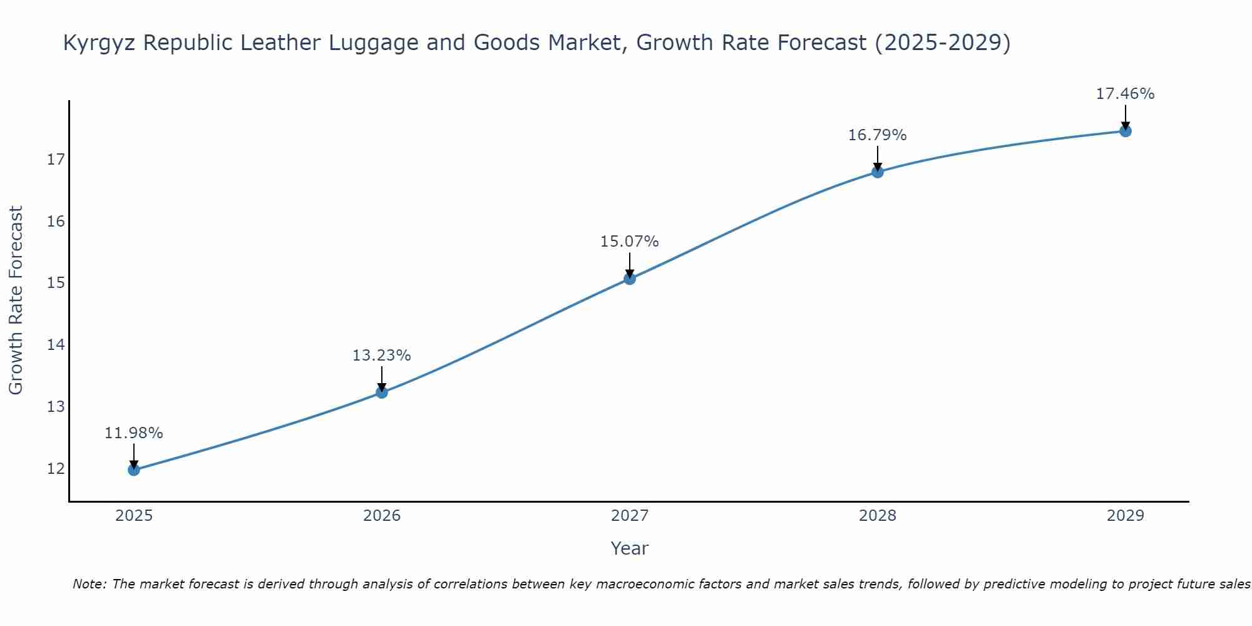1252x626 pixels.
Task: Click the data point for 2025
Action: (134, 469)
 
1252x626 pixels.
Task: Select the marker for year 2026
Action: (382, 393)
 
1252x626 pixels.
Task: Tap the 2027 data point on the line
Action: (630, 279)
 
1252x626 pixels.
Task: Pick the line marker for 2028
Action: (878, 172)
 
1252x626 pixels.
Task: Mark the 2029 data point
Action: (1126, 131)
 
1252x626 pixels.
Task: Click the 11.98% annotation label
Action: (134, 433)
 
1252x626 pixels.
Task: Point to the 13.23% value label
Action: (382, 356)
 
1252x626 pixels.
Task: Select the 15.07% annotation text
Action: (630, 242)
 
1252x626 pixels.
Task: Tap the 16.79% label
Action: (878, 135)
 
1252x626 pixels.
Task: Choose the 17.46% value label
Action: (1126, 94)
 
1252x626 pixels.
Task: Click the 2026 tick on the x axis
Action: (382, 516)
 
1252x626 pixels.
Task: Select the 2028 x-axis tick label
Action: (878, 516)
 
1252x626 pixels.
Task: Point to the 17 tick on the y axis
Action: (56, 160)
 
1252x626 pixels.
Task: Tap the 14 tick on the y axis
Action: (56, 345)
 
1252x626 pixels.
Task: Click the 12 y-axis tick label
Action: (56, 469)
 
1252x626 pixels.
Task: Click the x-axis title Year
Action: (630, 548)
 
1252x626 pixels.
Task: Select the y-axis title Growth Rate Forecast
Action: (16, 300)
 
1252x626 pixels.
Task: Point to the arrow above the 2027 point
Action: (630, 264)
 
